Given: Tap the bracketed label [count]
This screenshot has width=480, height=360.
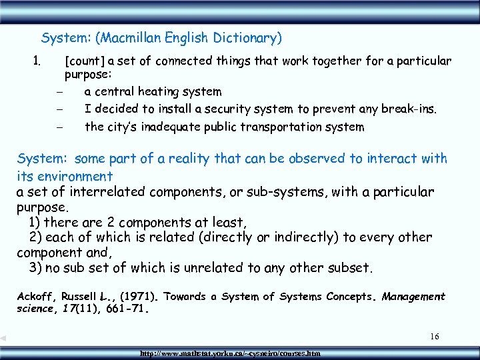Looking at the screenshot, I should tap(84, 61).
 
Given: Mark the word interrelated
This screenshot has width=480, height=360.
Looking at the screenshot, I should tap(101, 193).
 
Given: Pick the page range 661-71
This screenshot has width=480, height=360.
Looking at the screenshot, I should tap(123, 309).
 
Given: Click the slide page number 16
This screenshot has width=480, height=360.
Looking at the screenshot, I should tap(434, 337).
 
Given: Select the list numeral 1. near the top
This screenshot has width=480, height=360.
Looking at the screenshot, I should tap(37, 61).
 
